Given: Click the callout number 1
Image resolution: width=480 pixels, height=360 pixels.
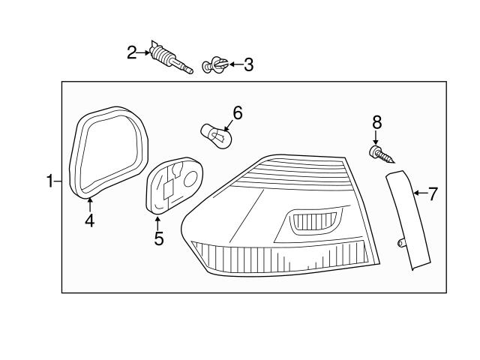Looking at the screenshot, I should [50, 181].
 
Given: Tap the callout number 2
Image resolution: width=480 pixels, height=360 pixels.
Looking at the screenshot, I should [132, 52].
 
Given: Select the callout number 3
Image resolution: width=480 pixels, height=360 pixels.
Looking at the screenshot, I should [248, 64].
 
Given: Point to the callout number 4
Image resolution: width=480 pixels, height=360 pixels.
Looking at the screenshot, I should [89, 221].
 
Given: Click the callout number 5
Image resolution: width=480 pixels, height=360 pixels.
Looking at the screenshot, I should [158, 239].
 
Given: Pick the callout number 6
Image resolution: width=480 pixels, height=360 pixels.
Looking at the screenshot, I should [238, 113].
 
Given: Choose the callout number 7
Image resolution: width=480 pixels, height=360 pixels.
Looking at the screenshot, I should [433, 193].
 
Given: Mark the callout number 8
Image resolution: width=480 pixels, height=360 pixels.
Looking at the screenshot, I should [376, 121].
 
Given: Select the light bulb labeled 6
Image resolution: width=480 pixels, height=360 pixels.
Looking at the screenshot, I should [215, 136].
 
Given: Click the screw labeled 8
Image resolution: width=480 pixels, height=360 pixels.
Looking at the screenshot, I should [381, 155].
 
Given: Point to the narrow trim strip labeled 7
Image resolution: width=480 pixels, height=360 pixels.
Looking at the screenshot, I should [409, 220].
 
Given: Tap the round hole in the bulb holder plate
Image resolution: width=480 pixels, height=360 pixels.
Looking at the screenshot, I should [190, 178].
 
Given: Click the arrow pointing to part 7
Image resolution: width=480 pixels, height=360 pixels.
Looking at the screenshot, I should [419, 193].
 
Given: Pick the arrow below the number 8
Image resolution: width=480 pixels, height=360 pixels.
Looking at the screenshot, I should [376, 137].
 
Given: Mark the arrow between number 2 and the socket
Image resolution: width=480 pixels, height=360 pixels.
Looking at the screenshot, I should [144, 52].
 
